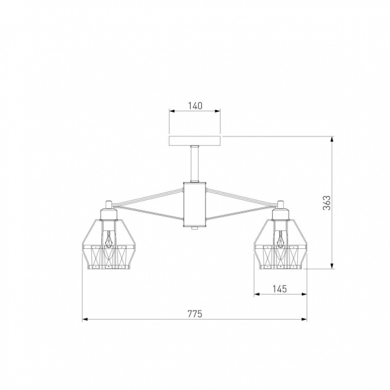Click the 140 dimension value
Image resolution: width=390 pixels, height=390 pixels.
(x=195, y=106)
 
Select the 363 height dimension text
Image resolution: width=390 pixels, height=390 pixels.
(x=327, y=203)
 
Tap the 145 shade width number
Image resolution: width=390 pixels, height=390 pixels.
(x=280, y=289)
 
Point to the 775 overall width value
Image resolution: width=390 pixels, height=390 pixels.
(x=195, y=314)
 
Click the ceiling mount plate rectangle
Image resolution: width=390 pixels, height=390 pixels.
(x=195, y=141)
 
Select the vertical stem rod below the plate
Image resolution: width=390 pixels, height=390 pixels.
(x=195, y=164)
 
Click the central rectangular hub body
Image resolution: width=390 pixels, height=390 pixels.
(x=195, y=205)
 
